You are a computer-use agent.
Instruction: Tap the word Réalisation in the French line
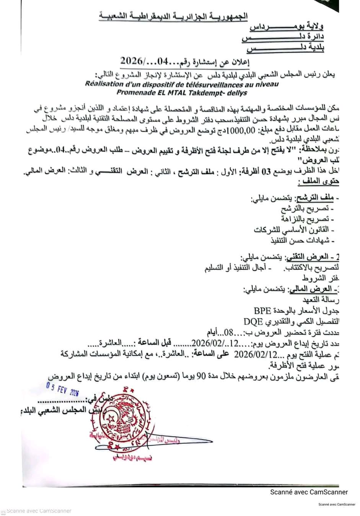(102, 84)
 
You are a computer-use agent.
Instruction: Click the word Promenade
(134, 92)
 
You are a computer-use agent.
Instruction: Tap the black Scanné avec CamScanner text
(309, 492)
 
